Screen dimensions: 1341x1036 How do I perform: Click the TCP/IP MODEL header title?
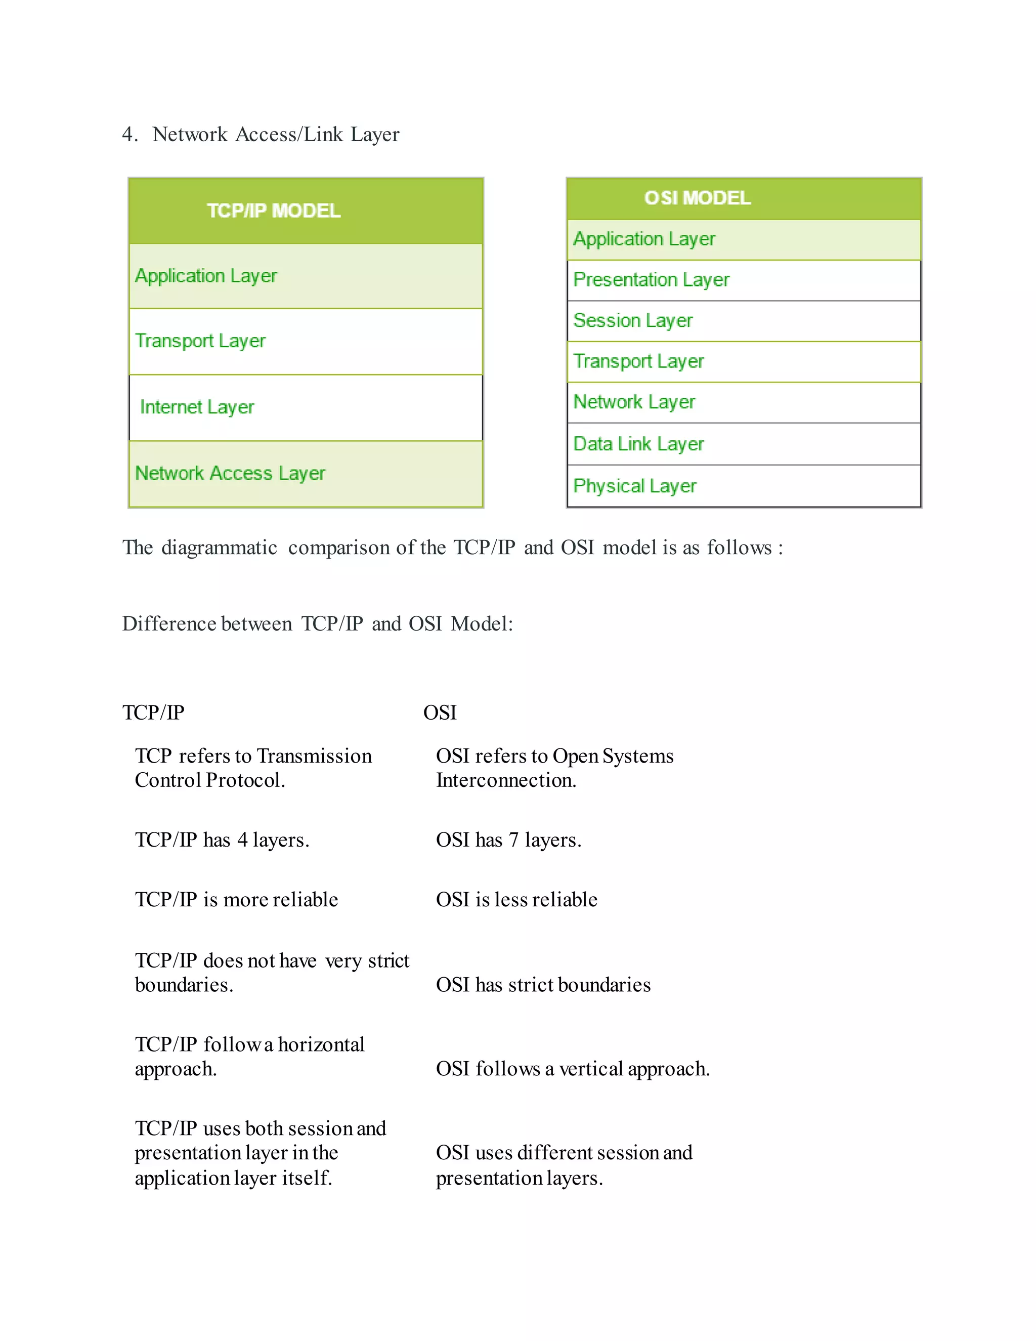click(273, 211)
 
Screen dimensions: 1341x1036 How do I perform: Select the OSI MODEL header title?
click(697, 198)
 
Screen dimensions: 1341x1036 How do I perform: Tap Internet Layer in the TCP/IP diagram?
click(197, 407)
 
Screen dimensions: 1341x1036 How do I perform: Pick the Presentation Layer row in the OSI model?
click(651, 280)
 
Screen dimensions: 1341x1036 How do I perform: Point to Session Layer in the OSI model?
click(633, 320)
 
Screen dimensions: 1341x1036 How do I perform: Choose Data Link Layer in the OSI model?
click(638, 444)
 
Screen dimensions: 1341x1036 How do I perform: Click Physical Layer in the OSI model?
click(635, 486)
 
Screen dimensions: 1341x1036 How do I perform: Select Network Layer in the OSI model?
click(634, 402)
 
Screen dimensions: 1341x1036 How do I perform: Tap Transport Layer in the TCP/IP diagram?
click(200, 341)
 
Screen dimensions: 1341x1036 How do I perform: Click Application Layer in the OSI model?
click(644, 239)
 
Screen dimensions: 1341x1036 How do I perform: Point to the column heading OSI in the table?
click(440, 713)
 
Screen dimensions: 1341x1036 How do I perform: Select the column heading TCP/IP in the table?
click(153, 713)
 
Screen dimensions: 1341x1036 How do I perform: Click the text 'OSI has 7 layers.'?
click(508, 840)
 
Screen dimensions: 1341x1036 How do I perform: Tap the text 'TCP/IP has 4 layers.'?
click(222, 840)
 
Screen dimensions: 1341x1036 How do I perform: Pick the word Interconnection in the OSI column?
click(506, 780)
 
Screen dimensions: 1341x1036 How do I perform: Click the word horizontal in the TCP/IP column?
click(321, 1044)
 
